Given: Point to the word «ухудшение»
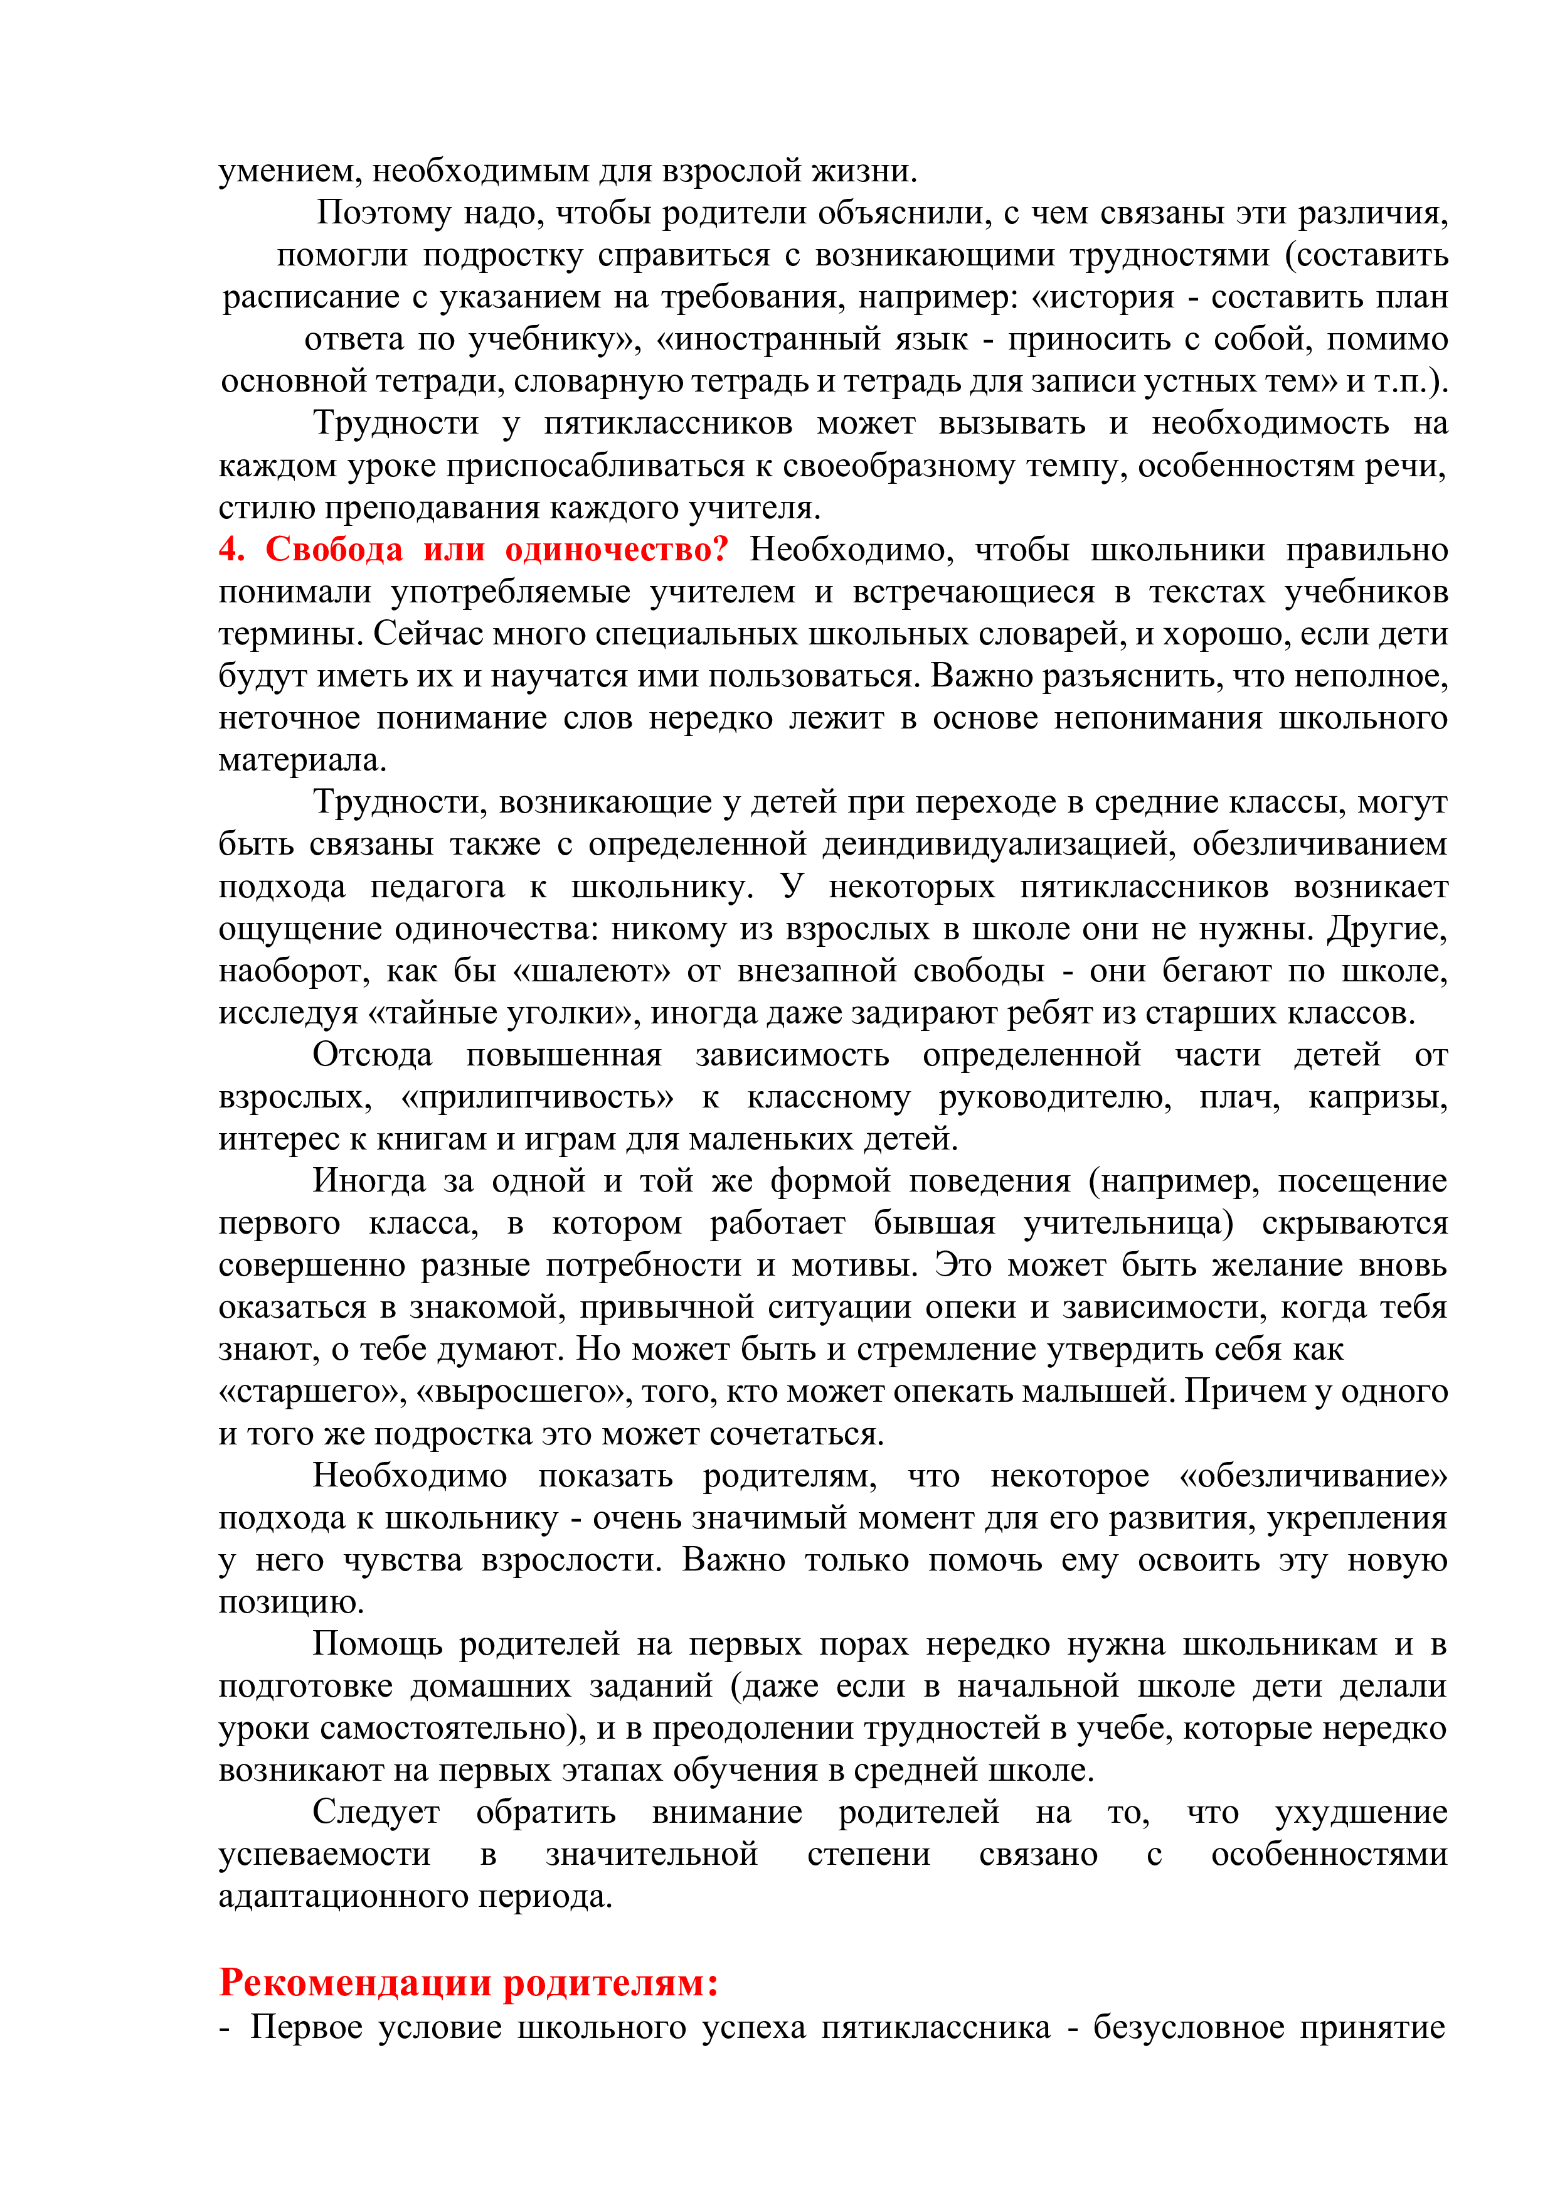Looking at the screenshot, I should pos(1361,1813).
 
